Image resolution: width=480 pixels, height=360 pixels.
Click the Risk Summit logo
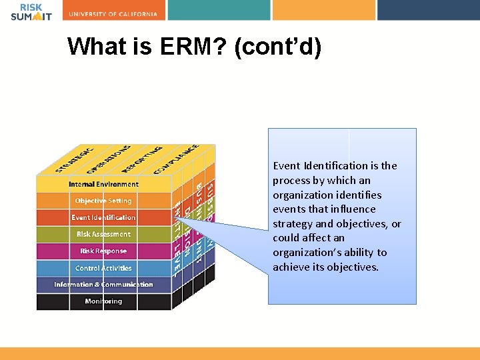pos(31,12)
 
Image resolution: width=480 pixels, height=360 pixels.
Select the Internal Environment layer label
pos(103,184)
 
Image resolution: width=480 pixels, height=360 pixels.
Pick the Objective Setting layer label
pos(103,201)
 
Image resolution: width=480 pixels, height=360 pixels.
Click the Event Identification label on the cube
pos(103,217)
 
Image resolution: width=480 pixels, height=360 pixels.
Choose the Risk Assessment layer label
pos(103,234)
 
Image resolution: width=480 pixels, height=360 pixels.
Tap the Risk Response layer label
pos(103,251)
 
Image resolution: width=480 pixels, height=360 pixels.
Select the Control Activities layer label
pos(103,268)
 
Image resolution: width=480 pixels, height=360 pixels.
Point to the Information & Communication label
pos(103,285)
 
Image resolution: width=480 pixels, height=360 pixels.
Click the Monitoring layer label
pos(103,301)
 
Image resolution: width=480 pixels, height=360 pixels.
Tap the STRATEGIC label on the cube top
pos(74,158)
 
